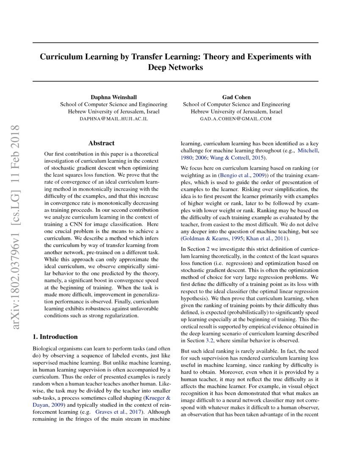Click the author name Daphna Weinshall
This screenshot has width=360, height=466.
point(114,97)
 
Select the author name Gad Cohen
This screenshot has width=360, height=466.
point(236,97)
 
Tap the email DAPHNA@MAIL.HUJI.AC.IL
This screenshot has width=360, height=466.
point(114,119)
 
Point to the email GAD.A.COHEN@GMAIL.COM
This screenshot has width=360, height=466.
point(236,119)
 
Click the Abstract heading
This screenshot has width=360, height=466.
point(101,144)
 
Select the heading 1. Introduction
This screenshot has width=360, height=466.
point(55,337)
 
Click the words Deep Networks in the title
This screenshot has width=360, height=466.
point(175,67)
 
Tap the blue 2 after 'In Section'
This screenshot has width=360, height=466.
point(208,250)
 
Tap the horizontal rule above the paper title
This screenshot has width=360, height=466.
point(175,43)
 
